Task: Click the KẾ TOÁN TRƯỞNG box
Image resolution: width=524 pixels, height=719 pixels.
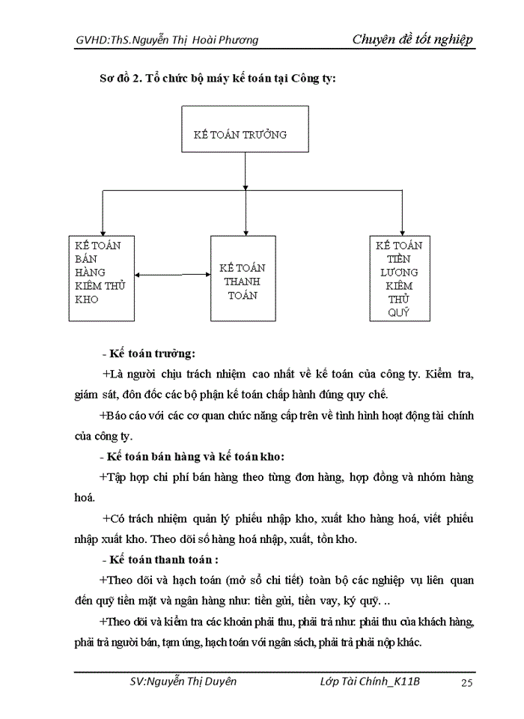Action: (x=244, y=136)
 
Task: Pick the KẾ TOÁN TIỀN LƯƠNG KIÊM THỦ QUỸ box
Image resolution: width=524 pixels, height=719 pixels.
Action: (x=400, y=279)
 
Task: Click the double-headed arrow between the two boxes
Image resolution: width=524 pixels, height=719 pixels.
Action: (x=173, y=276)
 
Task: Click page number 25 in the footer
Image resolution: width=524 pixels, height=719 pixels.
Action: (x=466, y=682)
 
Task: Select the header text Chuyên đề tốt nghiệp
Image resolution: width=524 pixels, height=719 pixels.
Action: (x=412, y=40)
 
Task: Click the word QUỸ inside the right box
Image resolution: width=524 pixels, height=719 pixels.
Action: (x=399, y=313)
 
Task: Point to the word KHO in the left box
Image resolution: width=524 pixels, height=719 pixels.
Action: (x=87, y=300)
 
